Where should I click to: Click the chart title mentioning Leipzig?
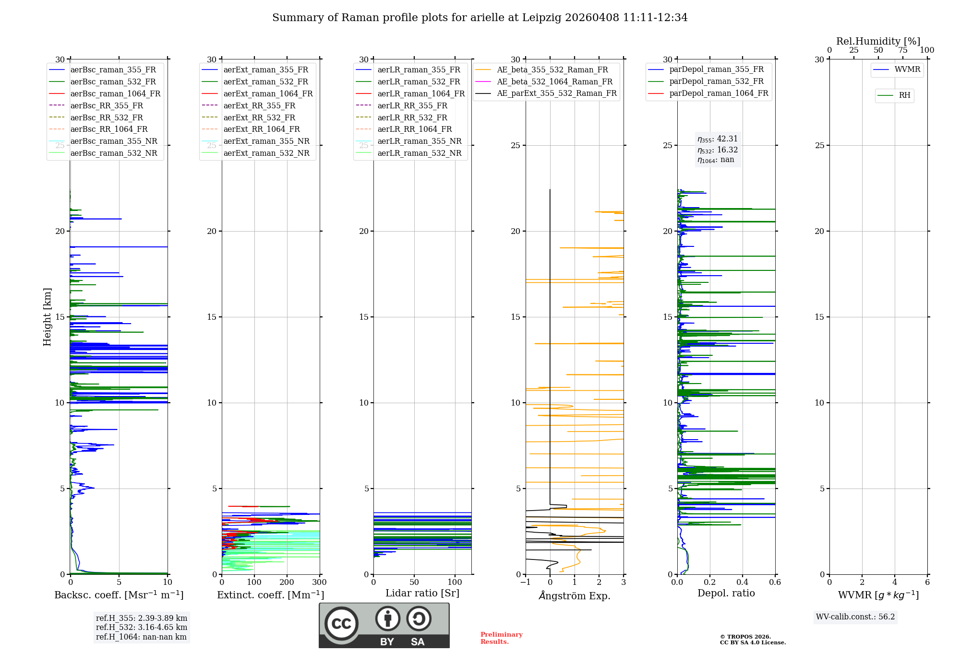tap(480, 18)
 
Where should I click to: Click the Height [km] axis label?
tap(47, 316)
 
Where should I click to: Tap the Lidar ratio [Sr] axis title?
tap(422, 593)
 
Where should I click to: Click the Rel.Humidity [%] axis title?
tap(878, 41)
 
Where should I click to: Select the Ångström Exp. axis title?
tap(575, 595)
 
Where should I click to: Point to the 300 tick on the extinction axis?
tap(320, 582)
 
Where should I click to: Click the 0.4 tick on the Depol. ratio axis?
tap(743, 582)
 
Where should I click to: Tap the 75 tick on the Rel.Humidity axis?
tap(903, 50)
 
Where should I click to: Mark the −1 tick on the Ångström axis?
tap(526, 582)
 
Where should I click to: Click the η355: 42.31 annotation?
tap(717, 139)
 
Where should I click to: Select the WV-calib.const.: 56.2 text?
tap(855, 617)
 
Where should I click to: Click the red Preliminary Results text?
tap(501, 638)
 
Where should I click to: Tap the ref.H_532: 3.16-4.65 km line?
tap(142, 628)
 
